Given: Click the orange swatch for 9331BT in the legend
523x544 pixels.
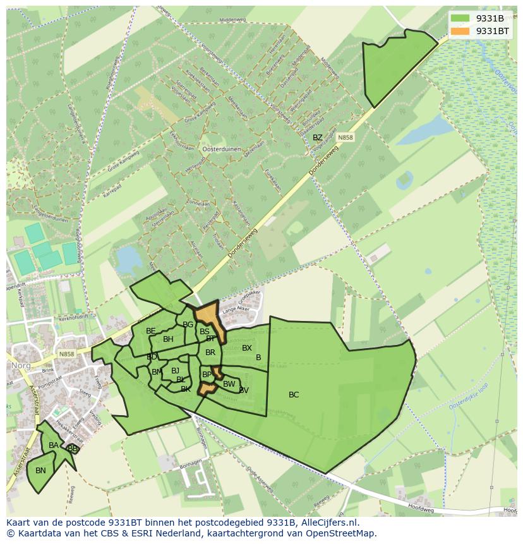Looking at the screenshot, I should [x=460, y=31].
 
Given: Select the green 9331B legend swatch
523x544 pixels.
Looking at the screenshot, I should [x=460, y=18].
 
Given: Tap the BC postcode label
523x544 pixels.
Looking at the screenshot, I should [x=294, y=395].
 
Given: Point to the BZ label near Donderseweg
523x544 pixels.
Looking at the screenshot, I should [x=318, y=138].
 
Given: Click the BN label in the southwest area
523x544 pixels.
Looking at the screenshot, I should [x=40, y=471].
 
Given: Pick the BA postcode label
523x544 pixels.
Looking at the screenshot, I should [x=54, y=445].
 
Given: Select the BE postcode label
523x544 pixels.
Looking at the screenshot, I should [x=150, y=331].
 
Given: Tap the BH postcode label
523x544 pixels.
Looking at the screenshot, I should [x=168, y=339].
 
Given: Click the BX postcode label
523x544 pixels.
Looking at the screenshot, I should [x=247, y=348].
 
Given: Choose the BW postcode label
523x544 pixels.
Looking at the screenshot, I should [x=229, y=384].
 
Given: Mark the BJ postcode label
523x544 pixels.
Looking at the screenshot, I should [x=175, y=371].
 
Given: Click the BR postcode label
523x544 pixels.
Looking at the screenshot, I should [x=210, y=353].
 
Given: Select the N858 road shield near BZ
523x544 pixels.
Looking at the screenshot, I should [x=344, y=137].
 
